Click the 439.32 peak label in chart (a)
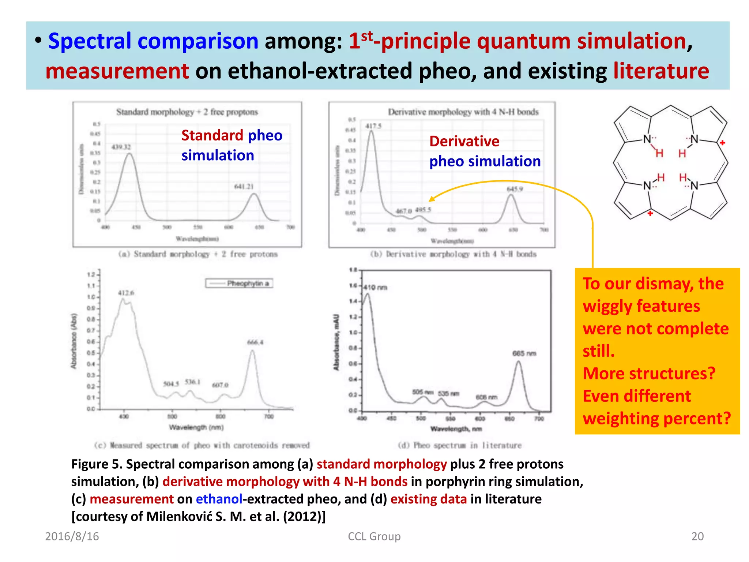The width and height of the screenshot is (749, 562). [121, 147]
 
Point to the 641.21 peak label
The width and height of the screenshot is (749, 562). [244, 187]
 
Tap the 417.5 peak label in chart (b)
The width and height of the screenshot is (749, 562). [373, 126]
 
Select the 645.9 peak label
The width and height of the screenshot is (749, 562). [514, 189]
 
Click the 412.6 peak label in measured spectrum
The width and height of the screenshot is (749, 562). [126, 293]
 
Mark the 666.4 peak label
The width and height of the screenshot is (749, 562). [255, 342]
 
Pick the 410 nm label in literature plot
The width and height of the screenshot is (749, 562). [375, 288]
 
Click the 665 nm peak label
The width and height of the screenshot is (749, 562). [524, 353]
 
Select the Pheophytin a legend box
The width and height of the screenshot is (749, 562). [239, 284]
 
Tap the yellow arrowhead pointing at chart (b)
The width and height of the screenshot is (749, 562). [432, 199]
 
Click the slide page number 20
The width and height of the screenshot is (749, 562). [697, 536]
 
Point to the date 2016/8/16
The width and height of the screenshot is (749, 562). [72, 536]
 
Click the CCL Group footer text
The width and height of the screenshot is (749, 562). [374, 536]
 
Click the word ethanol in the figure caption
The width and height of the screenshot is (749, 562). [219, 499]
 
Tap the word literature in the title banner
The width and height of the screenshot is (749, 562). [661, 71]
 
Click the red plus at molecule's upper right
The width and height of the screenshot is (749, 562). [722, 143]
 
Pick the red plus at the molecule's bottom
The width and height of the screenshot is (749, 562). [650, 213]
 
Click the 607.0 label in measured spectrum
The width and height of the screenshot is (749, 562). [220, 385]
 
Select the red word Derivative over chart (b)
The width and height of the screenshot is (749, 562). [464, 141]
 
